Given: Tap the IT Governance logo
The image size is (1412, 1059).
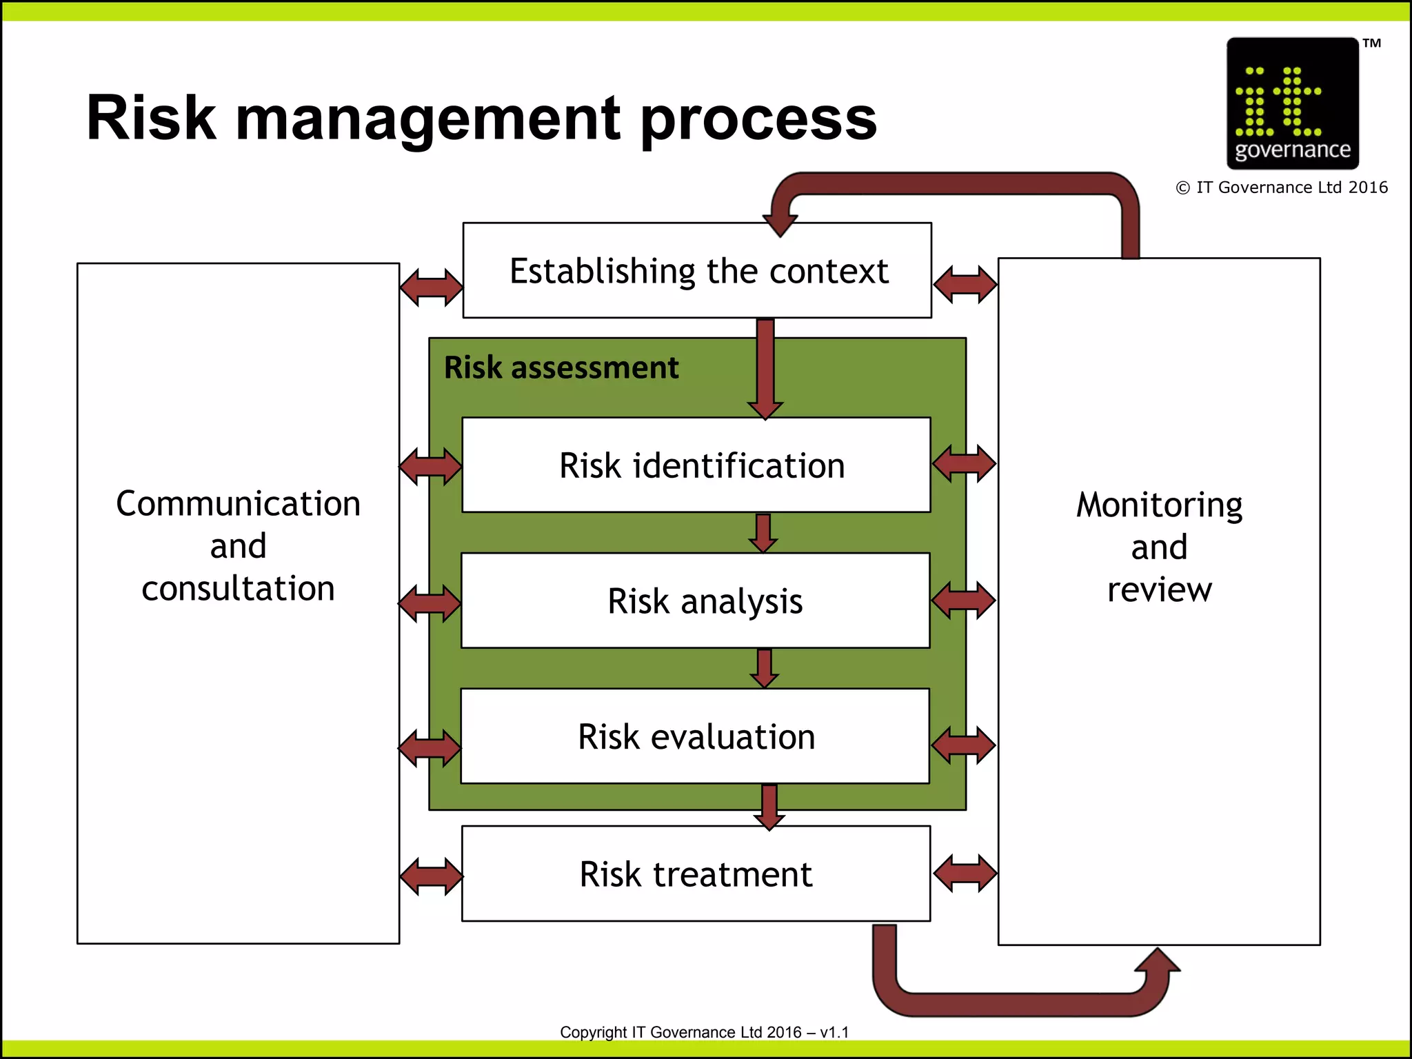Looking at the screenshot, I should click(x=1292, y=103).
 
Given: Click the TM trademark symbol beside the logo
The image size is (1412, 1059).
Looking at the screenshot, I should click(x=1371, y=43).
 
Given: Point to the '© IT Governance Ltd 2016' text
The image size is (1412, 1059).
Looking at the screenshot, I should click(x=1282, y=188).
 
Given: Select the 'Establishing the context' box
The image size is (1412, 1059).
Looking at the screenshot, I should click(x=697, y=271).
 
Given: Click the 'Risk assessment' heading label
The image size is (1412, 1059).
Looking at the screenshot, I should click(x=561, y=367).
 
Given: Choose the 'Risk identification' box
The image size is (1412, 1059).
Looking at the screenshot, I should click(x=696, y=465).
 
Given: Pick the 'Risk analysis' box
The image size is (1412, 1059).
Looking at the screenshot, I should click(x=696, y=601).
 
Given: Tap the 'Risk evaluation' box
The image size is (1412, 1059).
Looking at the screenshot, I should click(x=696, y=736).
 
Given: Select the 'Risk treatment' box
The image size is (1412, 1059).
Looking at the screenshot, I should click(x=696, y=874).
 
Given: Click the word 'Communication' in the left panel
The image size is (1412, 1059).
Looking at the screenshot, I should click(x=238, y=504).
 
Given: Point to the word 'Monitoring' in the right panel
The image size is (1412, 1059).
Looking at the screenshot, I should click(x=1159, y=505).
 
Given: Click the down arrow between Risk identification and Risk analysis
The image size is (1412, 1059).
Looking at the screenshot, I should click(x=763, y=533).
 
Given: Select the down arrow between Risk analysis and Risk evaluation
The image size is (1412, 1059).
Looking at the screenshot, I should click(x=764, y=668).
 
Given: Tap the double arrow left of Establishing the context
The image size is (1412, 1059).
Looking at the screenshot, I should click(x=432, y=287).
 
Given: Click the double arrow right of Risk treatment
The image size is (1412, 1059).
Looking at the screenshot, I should click(x=965, y=873).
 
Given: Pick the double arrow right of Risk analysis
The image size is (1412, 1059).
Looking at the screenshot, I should click(x=964, y=599).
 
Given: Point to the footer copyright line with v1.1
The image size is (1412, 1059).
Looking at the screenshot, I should click(x=704, y=1032).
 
